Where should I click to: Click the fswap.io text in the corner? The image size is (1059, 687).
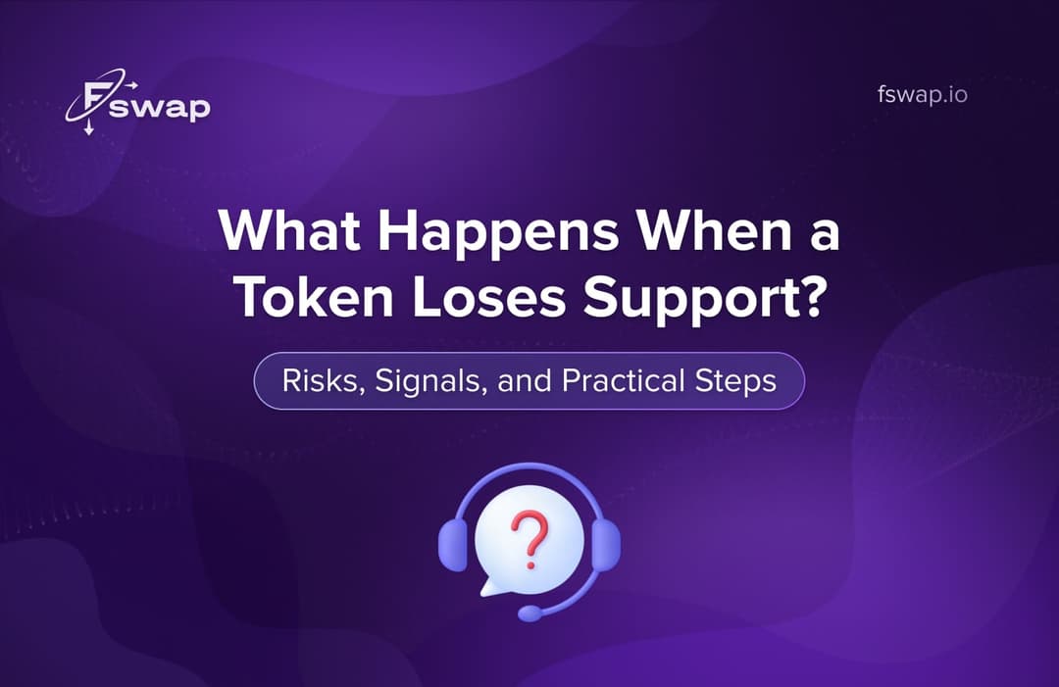coord(922,96)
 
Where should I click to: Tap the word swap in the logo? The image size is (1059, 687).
coord(159,107)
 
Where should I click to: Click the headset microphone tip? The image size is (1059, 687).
coord(529,613)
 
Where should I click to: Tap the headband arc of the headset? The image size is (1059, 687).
coord(529,469)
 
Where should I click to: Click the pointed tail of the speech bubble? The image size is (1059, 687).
coord(484,589)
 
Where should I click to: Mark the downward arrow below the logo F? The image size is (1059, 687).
coord(89,128)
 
